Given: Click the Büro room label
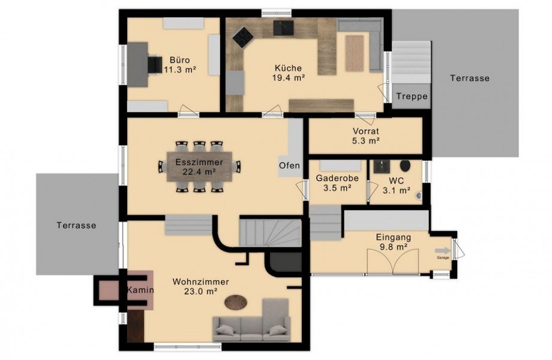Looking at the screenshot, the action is click(x=179, y=59).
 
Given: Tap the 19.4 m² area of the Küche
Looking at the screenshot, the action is click(x=289, y=78).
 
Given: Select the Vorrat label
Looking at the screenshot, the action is click(x=366, y=131).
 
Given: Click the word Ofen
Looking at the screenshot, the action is click(x=289, y=166).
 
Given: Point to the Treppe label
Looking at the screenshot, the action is click(x=412, y=97).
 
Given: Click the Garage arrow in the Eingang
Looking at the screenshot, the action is click(x=443, y=251).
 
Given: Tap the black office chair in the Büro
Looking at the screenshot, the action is click(x=154, y=65).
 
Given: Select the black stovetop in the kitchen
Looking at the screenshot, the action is click(x=242, y=36).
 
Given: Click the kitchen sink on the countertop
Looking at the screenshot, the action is click(x=284, y=28).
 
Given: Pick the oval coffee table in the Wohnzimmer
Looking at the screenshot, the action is click(x=236, y=302).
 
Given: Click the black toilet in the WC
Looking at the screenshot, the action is click(x=405, y=166).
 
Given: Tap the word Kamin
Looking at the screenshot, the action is click(x=140, y=290).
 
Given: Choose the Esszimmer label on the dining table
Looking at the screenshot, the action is click(x=199, y=163).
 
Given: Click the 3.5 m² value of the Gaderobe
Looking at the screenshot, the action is click(x=337, y=188).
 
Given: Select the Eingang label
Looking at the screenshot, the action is click(x=393, y=238).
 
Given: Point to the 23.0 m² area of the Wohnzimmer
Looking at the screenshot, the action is click(x=200, y=291).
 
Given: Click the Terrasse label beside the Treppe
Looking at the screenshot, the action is click(x=470, y=78).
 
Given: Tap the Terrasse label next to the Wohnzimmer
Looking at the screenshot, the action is click(x=76, y=225).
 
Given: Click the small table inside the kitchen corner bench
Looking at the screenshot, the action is click(x=355, y=53).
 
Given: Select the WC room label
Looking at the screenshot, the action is click(x=396, y=181).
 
